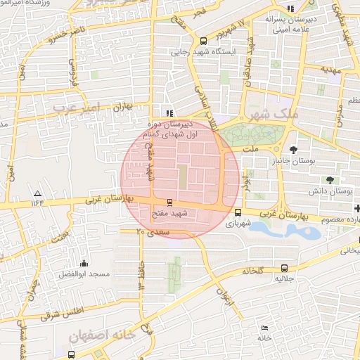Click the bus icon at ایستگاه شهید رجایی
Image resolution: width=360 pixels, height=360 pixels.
pyautogui.click(x=204, y=41)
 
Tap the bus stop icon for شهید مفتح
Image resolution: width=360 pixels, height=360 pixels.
pyautogui.click(x=169, y=202)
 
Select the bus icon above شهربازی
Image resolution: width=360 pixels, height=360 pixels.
pyautogui.click(x=238, y=212)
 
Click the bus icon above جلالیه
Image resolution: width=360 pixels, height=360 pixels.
pyautogui.click(x=284, y=268)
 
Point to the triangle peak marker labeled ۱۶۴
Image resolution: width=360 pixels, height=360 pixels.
pyautogui.click(x=37, y=193)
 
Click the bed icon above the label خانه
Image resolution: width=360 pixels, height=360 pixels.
pyautogui.click(x=264, y=328)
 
